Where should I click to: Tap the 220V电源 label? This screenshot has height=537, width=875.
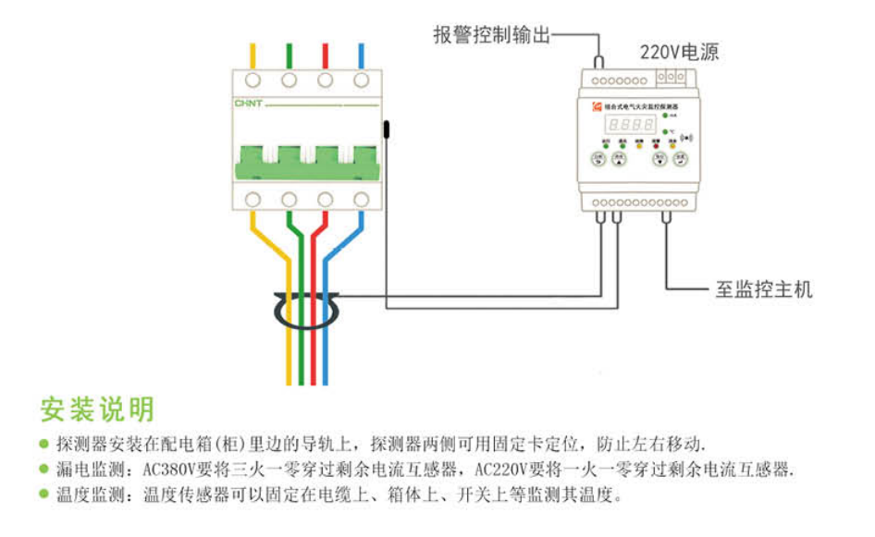[679, 53]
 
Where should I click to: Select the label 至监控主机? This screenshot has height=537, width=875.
[764, 289]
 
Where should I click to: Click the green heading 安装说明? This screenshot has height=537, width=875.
[97, 408]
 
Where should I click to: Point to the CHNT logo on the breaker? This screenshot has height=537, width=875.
[250, 104]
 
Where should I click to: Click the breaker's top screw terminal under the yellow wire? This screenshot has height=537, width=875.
[253, 80]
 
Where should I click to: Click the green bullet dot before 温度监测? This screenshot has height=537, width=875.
[43, 494]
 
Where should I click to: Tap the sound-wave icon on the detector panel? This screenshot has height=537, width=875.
[685, 140]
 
